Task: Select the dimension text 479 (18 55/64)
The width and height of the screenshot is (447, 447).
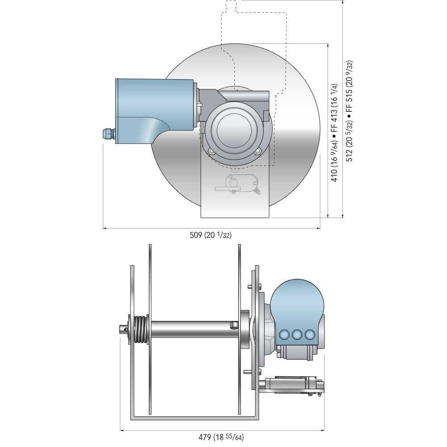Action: [222, 438]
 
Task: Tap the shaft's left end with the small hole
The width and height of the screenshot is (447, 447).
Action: [122, 329]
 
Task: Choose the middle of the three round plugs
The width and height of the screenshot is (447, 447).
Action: [295, 334]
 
